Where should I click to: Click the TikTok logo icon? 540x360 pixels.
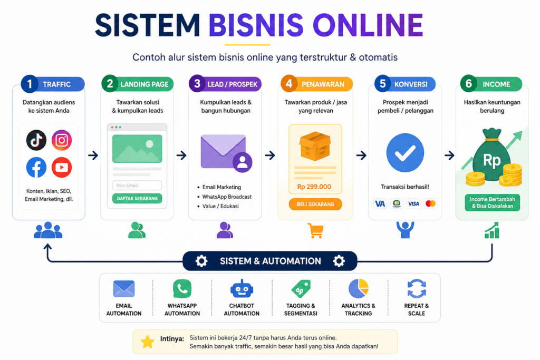point(36,140)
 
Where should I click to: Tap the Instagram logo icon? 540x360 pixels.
point(62,140)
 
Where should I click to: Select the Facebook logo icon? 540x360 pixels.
point(36,167)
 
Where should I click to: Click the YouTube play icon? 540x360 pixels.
point(62,167)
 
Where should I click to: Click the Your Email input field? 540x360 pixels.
point(137,185)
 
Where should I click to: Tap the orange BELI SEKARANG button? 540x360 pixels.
point(315,204)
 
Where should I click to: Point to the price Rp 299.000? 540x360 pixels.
point(314,187)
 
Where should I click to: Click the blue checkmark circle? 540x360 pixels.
point(405,152)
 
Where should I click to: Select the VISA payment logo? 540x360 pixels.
point(413,204)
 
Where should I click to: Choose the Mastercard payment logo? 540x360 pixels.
point(430,204)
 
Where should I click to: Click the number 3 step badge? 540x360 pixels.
point(197,84)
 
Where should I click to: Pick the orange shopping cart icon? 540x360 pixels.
point(315,230)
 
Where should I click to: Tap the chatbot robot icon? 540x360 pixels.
point(242,288)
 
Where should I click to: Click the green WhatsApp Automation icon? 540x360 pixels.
point(182,288)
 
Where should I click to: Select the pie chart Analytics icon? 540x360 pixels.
point(359,288)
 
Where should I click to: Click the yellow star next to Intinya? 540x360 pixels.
point(148,342)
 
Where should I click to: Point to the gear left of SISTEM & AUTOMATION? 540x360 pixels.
point(201,261)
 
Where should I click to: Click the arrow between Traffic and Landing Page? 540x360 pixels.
point(93,155)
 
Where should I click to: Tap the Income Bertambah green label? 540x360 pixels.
point(492,203)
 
